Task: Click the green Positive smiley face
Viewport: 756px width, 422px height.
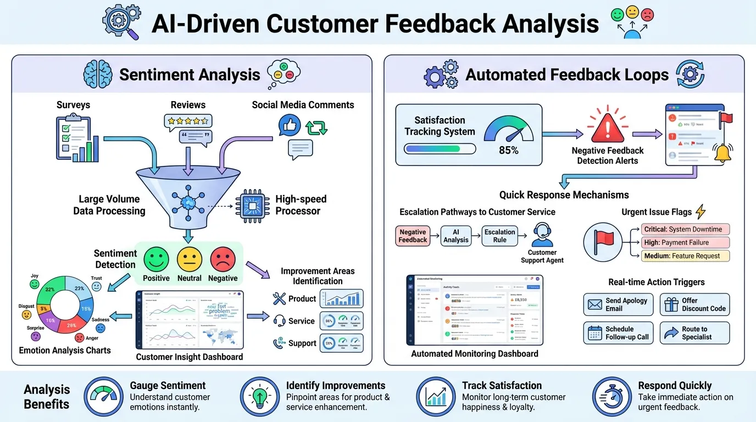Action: point(156,259)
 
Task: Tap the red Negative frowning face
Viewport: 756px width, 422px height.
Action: point(223,259)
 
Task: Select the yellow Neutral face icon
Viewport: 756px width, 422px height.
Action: point(189,259)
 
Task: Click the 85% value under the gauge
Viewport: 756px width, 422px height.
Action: point(508,149)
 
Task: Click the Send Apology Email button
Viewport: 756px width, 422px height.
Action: point(618,304)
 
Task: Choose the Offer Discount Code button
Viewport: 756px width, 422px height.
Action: point(694,304)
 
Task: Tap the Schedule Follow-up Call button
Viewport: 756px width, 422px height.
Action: point(618,333)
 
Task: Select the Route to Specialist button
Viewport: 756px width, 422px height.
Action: point(694,333)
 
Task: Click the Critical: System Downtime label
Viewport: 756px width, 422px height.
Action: point(685,229)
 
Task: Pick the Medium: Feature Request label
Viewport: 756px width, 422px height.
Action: point(685,256)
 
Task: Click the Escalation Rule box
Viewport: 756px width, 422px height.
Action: point(499,236)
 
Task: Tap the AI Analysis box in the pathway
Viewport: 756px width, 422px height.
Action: point(455,236)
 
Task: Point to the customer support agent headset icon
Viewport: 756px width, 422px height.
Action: point(542,235)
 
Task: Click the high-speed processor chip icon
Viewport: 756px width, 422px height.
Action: point(253,204)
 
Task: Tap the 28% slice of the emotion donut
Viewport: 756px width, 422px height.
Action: point(70,325)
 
